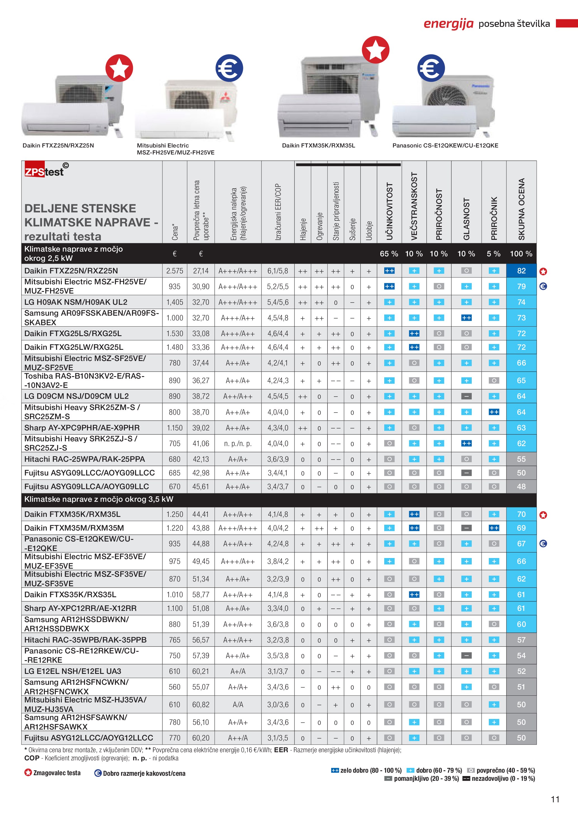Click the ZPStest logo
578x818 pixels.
(x=46, y=170)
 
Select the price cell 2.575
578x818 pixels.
(x=174, y=271)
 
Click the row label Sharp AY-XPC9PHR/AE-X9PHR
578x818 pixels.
(x=82, y=428)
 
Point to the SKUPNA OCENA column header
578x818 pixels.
(x=522, y=209)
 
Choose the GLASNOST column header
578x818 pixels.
(x=466, y=219)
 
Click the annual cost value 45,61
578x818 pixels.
(x=201, y=486)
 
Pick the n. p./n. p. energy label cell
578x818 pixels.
(x=238, y=444)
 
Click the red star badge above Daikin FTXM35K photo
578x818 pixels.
(x=376, y=50)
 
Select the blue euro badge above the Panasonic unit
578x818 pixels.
(x=431, y=68)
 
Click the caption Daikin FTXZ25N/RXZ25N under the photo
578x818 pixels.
(x=58, y=145)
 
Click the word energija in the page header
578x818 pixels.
(x=449, y=24)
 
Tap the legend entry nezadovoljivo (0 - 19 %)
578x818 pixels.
(x=499, y=779)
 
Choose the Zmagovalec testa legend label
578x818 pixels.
(x=56, y=773)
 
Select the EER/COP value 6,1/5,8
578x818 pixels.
(x=278, y=271)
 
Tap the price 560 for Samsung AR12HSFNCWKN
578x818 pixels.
(x=174, y=687)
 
